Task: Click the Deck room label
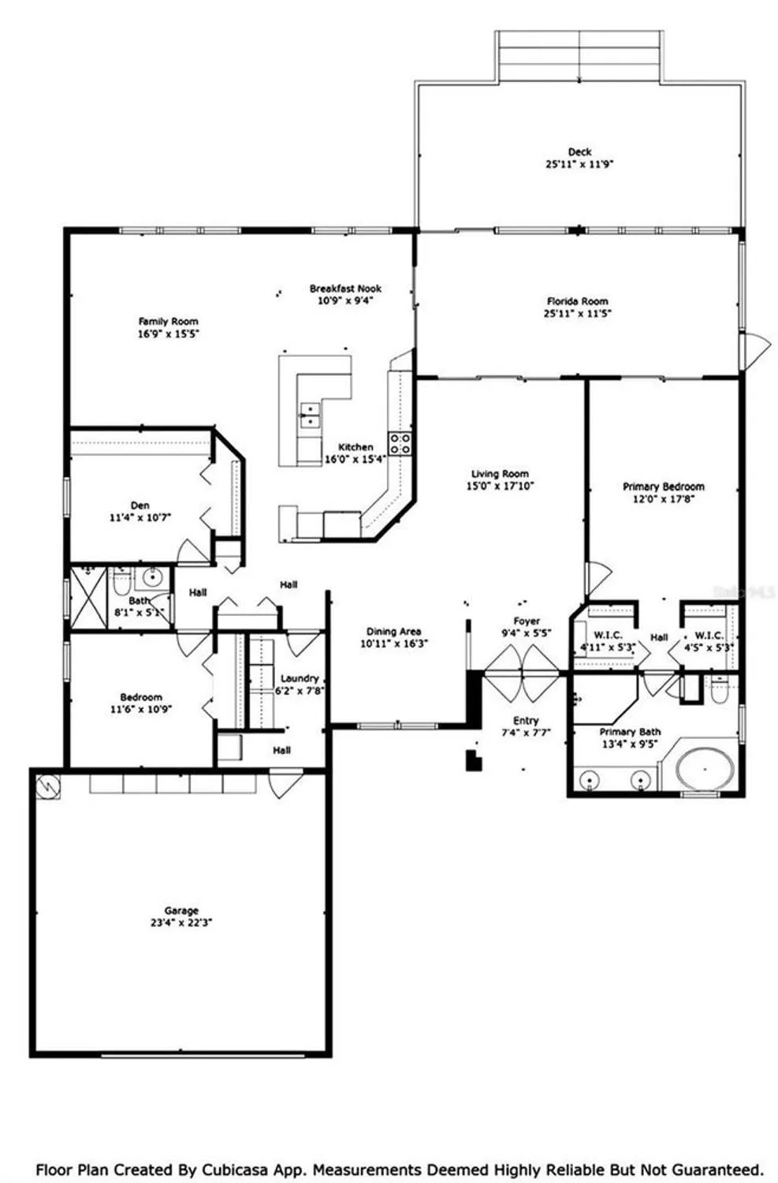pos(579,151)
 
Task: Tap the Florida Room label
pos(578,301)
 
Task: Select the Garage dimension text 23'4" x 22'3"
pos(181,923)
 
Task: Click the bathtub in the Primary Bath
pos(704,768)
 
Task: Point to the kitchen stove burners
pos(400,443)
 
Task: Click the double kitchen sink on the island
pos(311,415)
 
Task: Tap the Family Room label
pos(168,321)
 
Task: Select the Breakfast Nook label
pos(345,289)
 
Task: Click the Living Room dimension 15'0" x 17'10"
pos(500,487)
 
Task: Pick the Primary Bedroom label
pos(663,487)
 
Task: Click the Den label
pos(140,506)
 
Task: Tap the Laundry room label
pos(300,678)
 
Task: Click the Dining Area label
pos(393,631)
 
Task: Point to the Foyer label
pos(527,621)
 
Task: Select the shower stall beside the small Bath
pos(87,597)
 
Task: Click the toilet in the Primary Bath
pos(720,692)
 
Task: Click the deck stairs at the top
pos(579,57)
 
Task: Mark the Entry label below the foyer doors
pos(526,720)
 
